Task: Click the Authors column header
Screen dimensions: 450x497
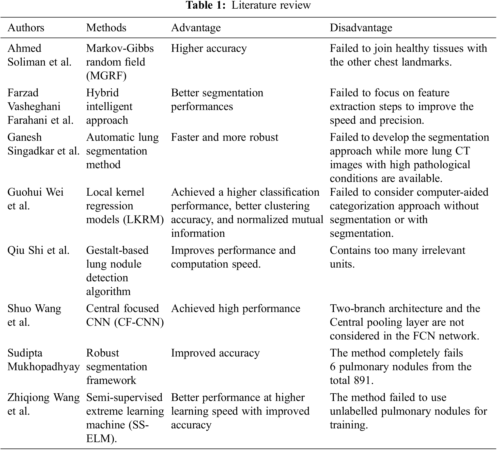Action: click(x=26, y=28)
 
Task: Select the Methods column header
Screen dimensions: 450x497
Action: click(x=106, y=28)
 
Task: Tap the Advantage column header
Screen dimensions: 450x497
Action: click(x=196, y=28)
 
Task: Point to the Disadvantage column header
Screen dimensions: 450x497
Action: click(x=361, y=28)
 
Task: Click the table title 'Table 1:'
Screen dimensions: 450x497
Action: click(x=206, y=5)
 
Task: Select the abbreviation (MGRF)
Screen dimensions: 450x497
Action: click(x=106, y=76)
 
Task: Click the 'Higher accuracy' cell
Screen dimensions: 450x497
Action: click(x=209, y=48)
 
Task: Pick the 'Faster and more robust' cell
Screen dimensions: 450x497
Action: click(x=225, y=137)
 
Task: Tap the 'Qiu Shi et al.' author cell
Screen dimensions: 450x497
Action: click(x=38, y=250)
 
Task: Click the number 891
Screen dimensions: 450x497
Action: click(x=363, y=380)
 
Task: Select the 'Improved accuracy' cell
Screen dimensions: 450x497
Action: click(x=215, y=353)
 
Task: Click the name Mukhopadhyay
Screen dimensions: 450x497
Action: click(x=43, y=367)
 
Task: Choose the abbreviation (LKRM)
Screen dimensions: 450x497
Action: click(x=144, y=220)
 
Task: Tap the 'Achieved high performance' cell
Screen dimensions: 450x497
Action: click(x=236, y=308)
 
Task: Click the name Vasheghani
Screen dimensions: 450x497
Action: click(x=34, y=106)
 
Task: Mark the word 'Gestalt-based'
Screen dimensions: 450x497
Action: click(x=117, y=250)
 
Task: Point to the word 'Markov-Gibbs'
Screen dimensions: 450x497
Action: click(x=120, y=48)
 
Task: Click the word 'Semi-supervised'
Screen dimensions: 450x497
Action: click(x=124, y=397)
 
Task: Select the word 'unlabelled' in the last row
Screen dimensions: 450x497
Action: click(x=353, y=411)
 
